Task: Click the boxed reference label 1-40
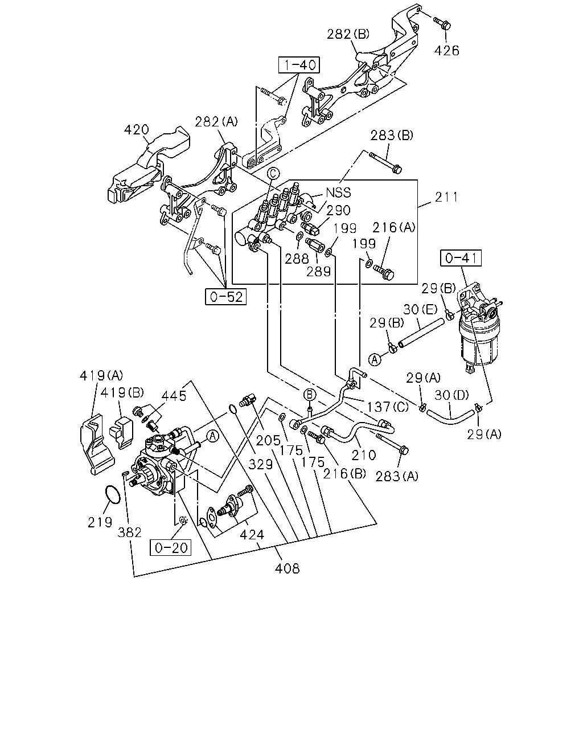(x=299, y=65)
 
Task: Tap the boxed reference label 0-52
(x=225, y=297)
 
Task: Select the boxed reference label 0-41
(x=461, y=258)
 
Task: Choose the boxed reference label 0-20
(x=170, y=547)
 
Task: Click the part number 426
(x=447, y=51)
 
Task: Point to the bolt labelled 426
(x=442, y=21)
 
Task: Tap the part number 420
(x=136, y=129)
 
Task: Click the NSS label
(x=338, y=193)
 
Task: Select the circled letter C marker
(x=273, y=173)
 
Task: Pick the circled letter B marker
(x=309, y=395)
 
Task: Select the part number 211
(x=446, y=197)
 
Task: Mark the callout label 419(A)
(x=101, y=375)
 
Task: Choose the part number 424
(x=252, y=535)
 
